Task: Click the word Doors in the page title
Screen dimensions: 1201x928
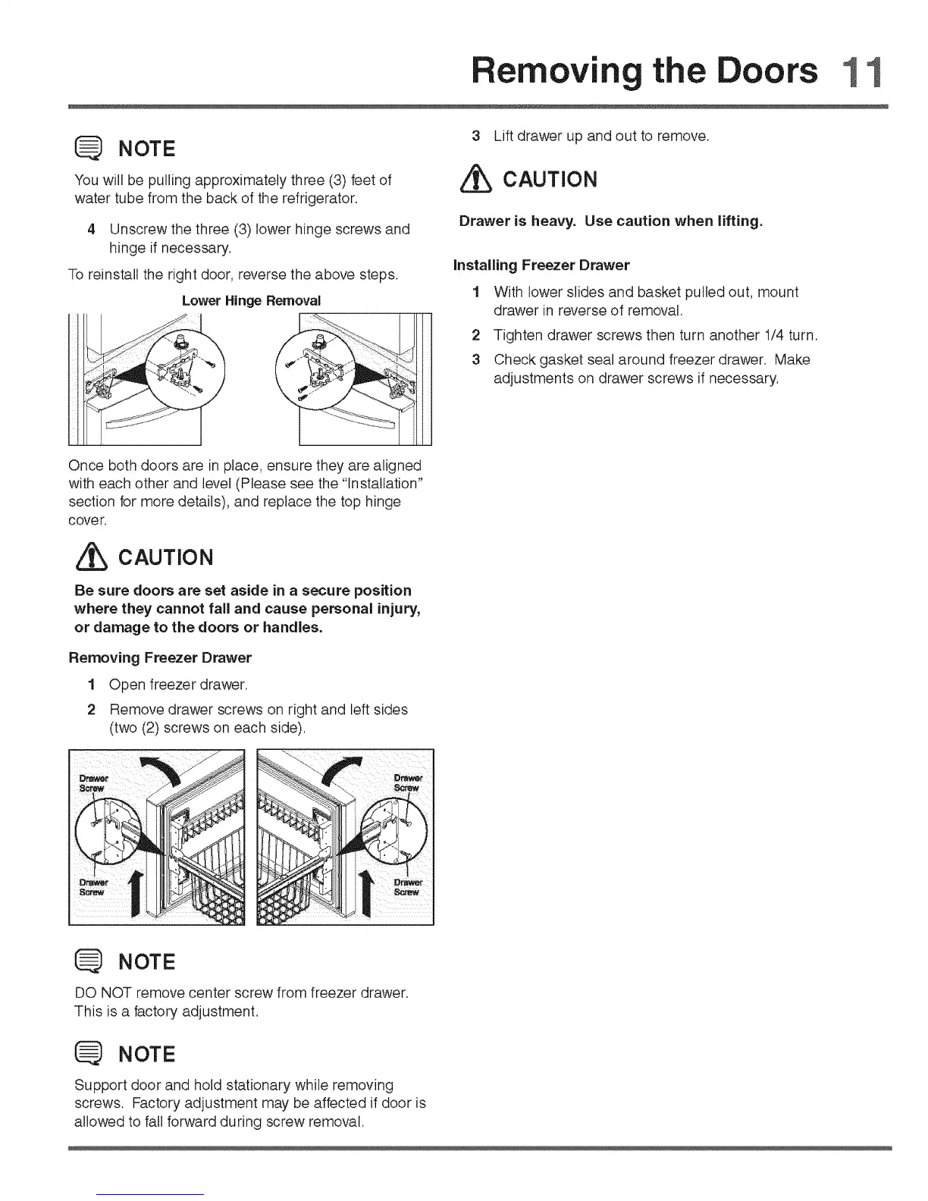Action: (767, 71)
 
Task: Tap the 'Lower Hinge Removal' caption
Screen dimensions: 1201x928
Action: (251, 301)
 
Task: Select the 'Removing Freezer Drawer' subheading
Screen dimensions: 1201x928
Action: (160, 657)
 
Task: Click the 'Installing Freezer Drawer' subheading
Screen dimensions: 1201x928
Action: (541, 265)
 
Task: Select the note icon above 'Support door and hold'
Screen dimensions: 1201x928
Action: (89, 1054)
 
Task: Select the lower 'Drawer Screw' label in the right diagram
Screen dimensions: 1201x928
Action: (408, 887)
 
